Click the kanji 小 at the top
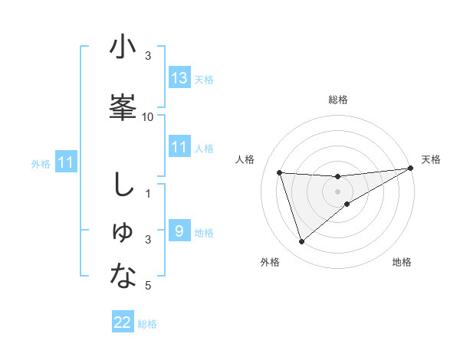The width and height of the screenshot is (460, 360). (123, 48)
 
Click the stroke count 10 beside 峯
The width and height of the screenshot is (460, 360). (148, 117)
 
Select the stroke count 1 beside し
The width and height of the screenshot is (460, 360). (149, 193)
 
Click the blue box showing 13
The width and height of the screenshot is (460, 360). (179, 77)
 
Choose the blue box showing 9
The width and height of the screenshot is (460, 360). (179, 231)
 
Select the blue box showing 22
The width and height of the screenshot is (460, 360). (123, 322)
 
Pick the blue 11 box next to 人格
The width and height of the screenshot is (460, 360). (179, 146)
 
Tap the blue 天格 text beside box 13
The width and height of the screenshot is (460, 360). (204, 79)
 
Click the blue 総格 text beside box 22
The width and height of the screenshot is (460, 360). (147, 324)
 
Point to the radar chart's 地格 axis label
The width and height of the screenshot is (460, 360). (402, 263)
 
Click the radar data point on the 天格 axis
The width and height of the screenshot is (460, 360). (410, 169)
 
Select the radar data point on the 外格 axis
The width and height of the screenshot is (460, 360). (301, 242)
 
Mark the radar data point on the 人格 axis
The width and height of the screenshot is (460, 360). (280, 173)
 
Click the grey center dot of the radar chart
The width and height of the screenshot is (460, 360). (337, 191)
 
